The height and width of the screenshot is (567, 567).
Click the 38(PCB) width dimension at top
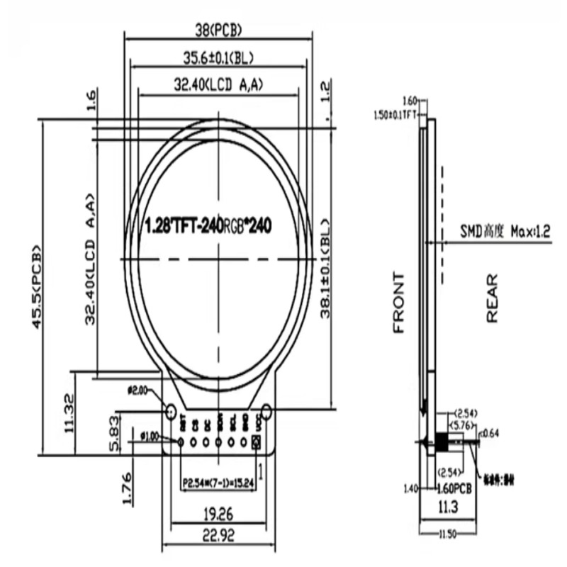click(x=218, y=30)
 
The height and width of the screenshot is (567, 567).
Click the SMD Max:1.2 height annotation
click(x=505, y=231)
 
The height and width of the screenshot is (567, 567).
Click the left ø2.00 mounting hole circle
click(x=171, y=411)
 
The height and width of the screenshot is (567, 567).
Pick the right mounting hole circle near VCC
click(x=266, y=411)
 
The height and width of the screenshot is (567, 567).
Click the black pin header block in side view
click(x=441, y=442)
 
